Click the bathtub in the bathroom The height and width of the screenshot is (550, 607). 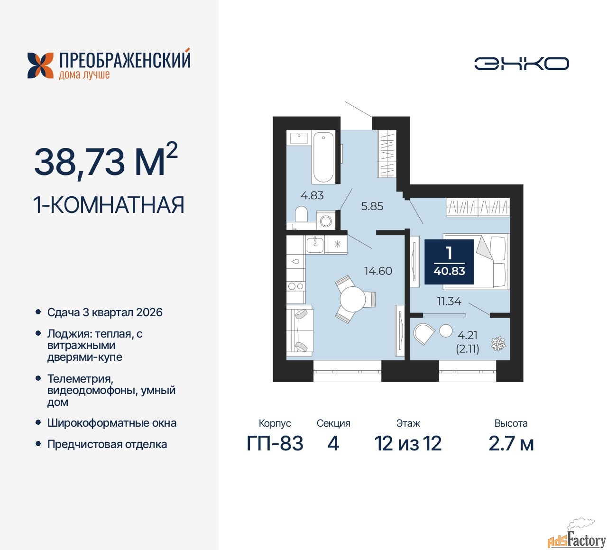pyautogui.click(x=323, y=157)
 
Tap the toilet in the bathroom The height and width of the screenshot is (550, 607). pyautogui.click(x=301, y=214)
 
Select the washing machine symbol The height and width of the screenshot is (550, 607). pyautogui.click(x=326, y=220)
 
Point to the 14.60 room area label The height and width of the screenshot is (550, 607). pyautogui.click(x=378, y=271)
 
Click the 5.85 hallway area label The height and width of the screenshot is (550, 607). pyautogui.click(x=372, y=206)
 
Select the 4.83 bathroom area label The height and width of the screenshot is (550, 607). pyautogui.click(x=312, y=195)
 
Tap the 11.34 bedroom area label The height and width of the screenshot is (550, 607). pyautogui.click(x=449, y=302)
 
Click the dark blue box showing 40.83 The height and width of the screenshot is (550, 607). pyautogui.click(x=449, y=262)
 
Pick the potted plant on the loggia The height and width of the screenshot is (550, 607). pyautogui.click(x=498, y=344)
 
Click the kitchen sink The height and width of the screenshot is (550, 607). pyautogui.click(x=315, y=245)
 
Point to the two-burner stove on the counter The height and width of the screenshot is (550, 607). pyautogui.click(x=295, y=286)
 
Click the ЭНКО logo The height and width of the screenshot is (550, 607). pyautogui.click(x=521, y=64)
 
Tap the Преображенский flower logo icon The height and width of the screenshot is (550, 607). pyautogui.click(x=40, y=65)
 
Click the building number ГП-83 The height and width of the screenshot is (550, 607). pyautogui.click(x=275, y=443)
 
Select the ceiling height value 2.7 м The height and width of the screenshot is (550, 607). pyautogui.click(x=511, y=443)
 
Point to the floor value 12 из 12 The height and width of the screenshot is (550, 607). pyautogui.click(x=408, y=443)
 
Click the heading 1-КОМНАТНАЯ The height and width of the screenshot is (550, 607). pyautogui.click(x=109, y=205)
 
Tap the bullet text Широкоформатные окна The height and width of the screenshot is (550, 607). pyautogui.click(x=112, y=423)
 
